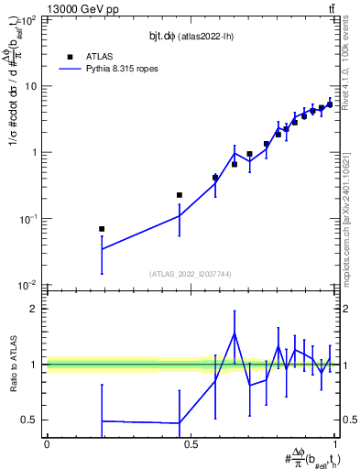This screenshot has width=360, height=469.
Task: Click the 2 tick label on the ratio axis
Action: tap(36, 309)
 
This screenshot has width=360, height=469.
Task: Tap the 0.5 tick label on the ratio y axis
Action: tap(31, 420)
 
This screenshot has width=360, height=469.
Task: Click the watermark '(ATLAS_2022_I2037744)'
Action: tap(191, 274)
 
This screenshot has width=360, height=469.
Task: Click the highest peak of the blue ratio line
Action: tap(235, 333)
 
